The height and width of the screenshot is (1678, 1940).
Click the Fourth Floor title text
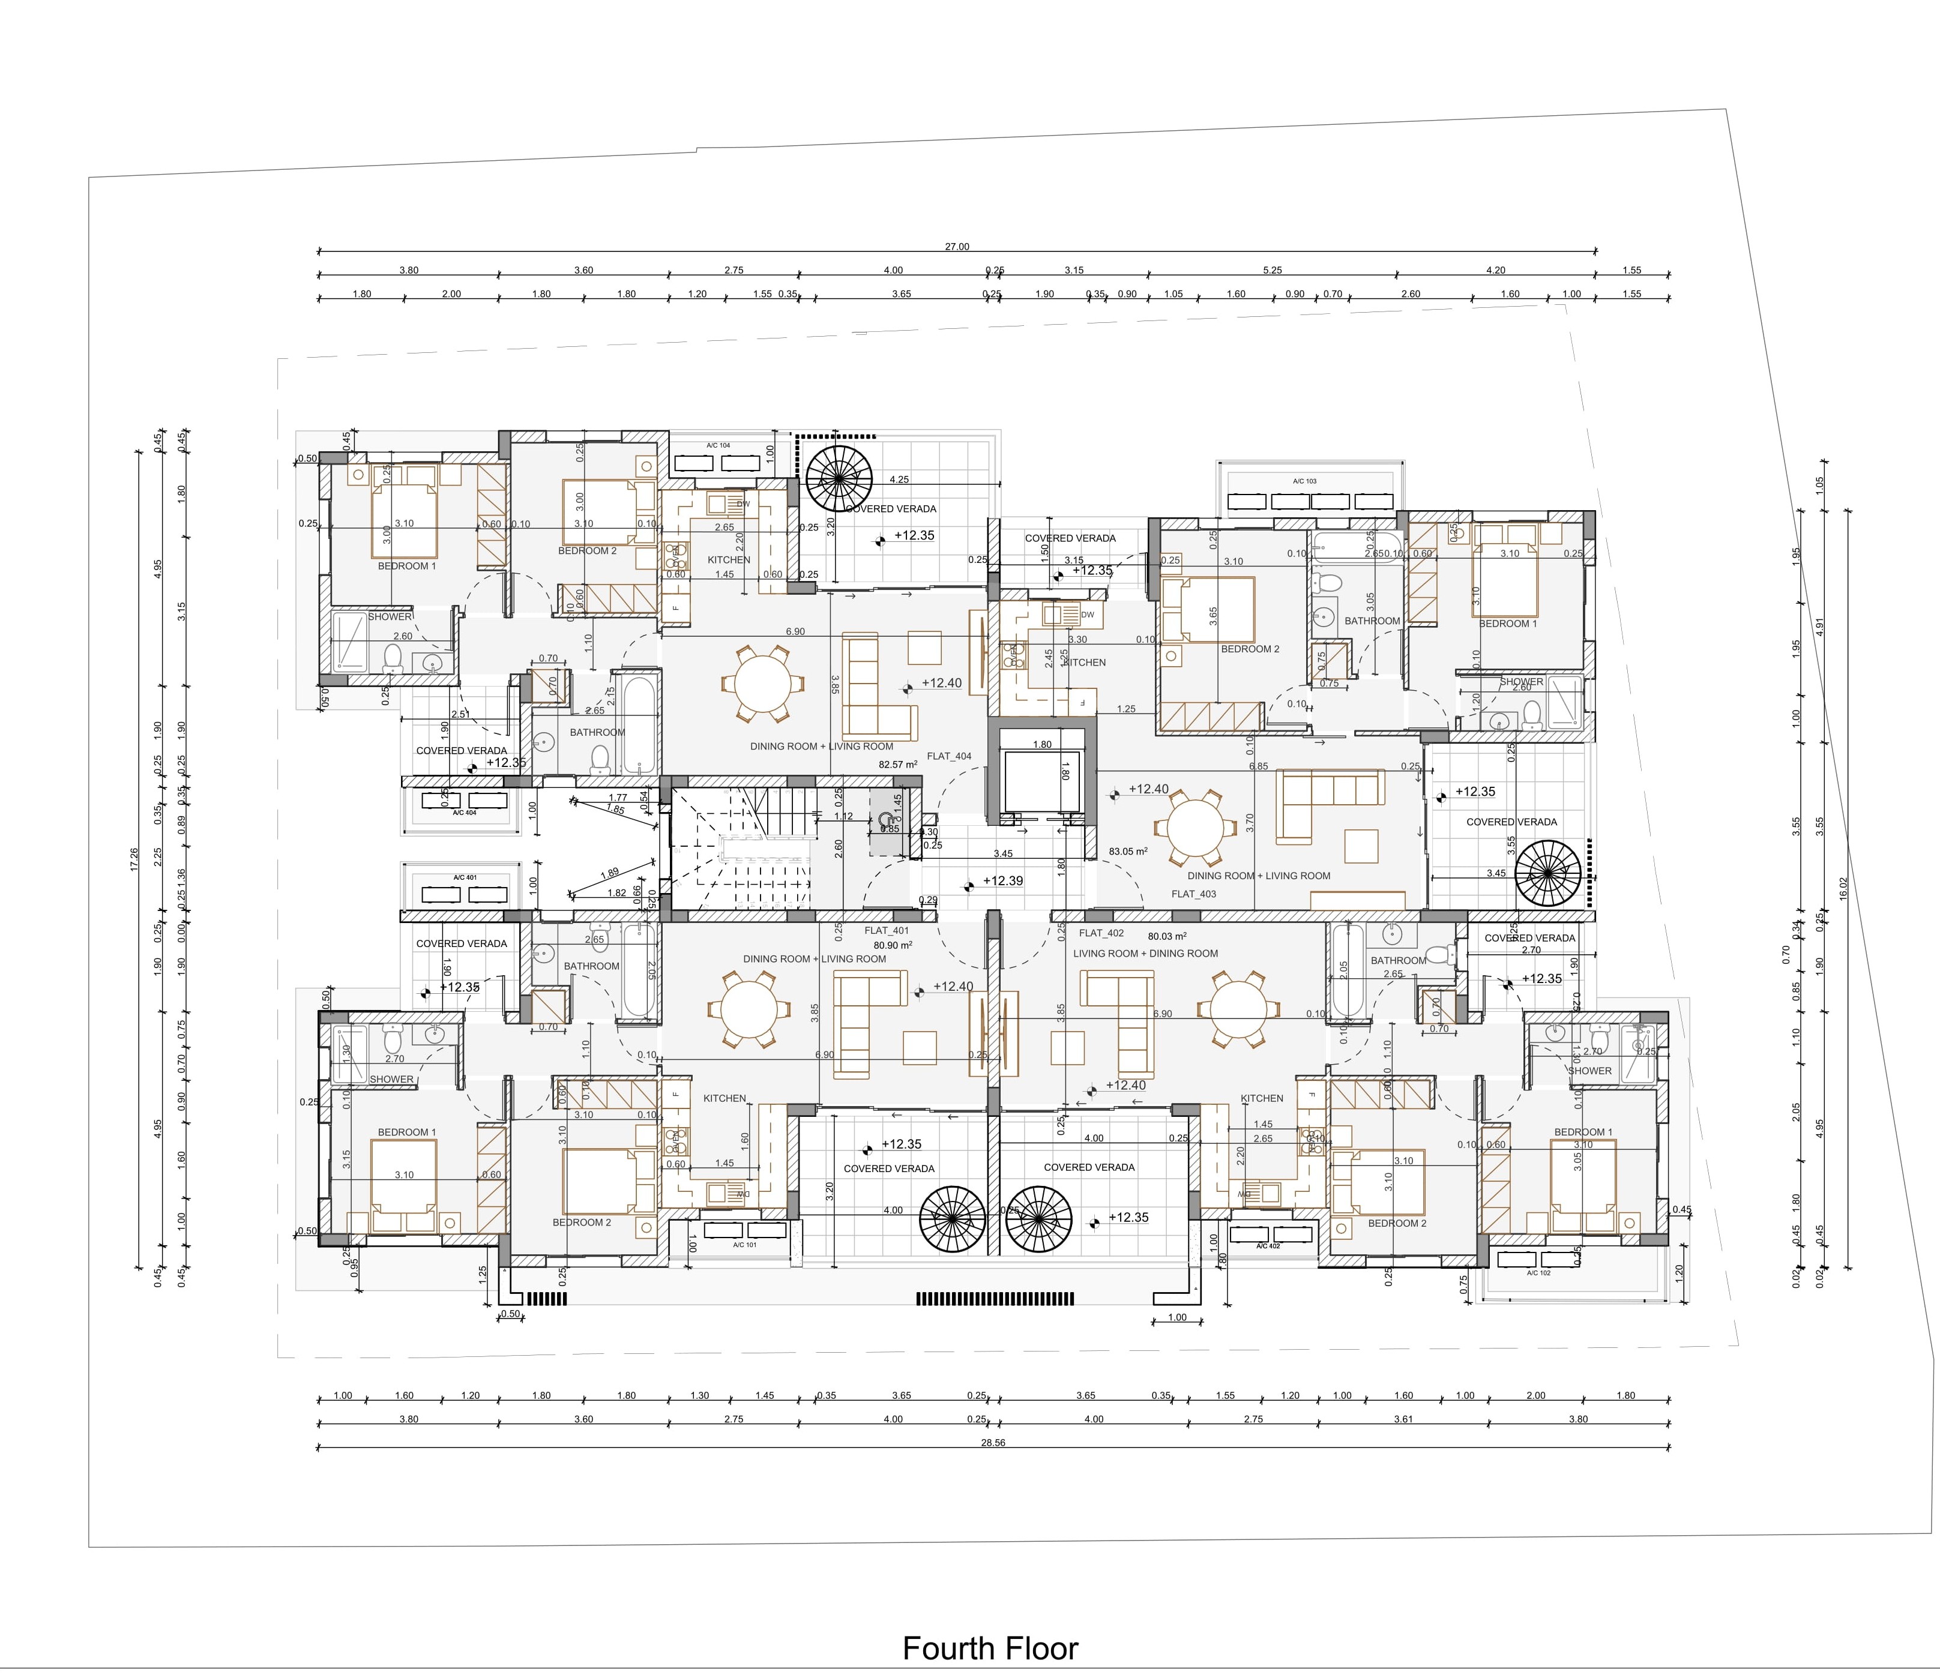(990, 1647)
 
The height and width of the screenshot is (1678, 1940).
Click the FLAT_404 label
(948, 756)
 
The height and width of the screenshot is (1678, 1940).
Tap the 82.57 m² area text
(897, 764)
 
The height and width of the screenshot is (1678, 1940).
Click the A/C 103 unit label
(1304, 481)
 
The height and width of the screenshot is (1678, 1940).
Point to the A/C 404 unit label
(465, 813)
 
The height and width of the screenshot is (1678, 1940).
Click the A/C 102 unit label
(1538, 1272)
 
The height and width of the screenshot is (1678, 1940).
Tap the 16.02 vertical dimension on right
(1843, 888)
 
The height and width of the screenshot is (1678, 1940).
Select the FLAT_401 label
(886, 931)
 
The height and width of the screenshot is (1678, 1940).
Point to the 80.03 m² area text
(1167, 936)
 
